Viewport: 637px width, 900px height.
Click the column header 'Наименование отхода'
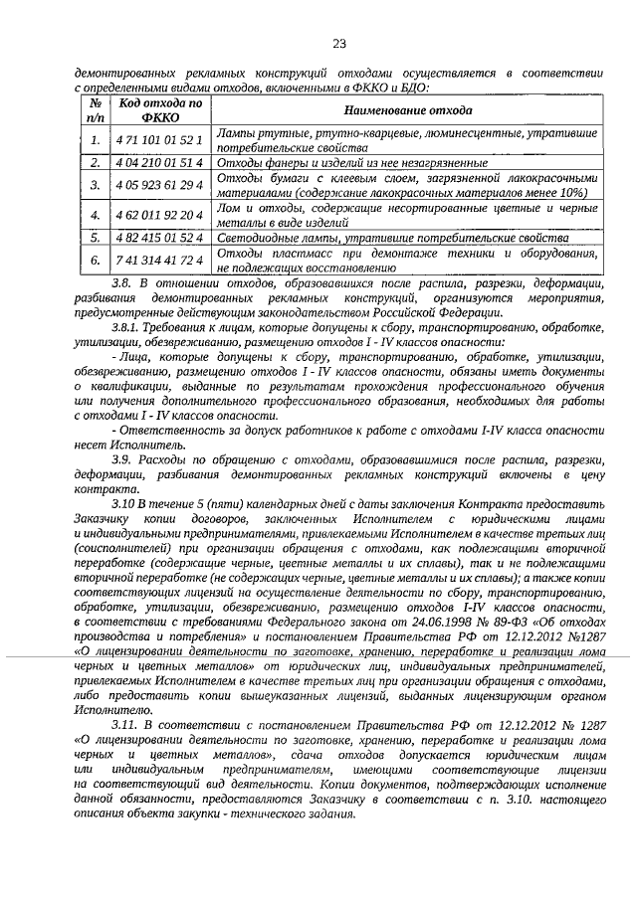[407, 110]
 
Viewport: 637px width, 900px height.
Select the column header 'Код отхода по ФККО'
[160, 110]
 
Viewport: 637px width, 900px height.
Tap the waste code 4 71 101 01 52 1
[160, 140]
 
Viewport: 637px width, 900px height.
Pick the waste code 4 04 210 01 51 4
[160, 162]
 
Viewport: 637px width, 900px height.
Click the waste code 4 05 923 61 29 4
[160, 185]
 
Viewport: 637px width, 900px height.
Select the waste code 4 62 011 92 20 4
[160, 214]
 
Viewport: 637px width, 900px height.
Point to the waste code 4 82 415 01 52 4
[160, 237]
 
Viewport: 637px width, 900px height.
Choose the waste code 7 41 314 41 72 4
[160, 260]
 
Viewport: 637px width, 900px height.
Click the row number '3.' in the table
[95, 185]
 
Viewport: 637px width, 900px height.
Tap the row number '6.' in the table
[95, 260]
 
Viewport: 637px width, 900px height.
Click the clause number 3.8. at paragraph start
[123, 283]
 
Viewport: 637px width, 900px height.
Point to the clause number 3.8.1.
[129, 327]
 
